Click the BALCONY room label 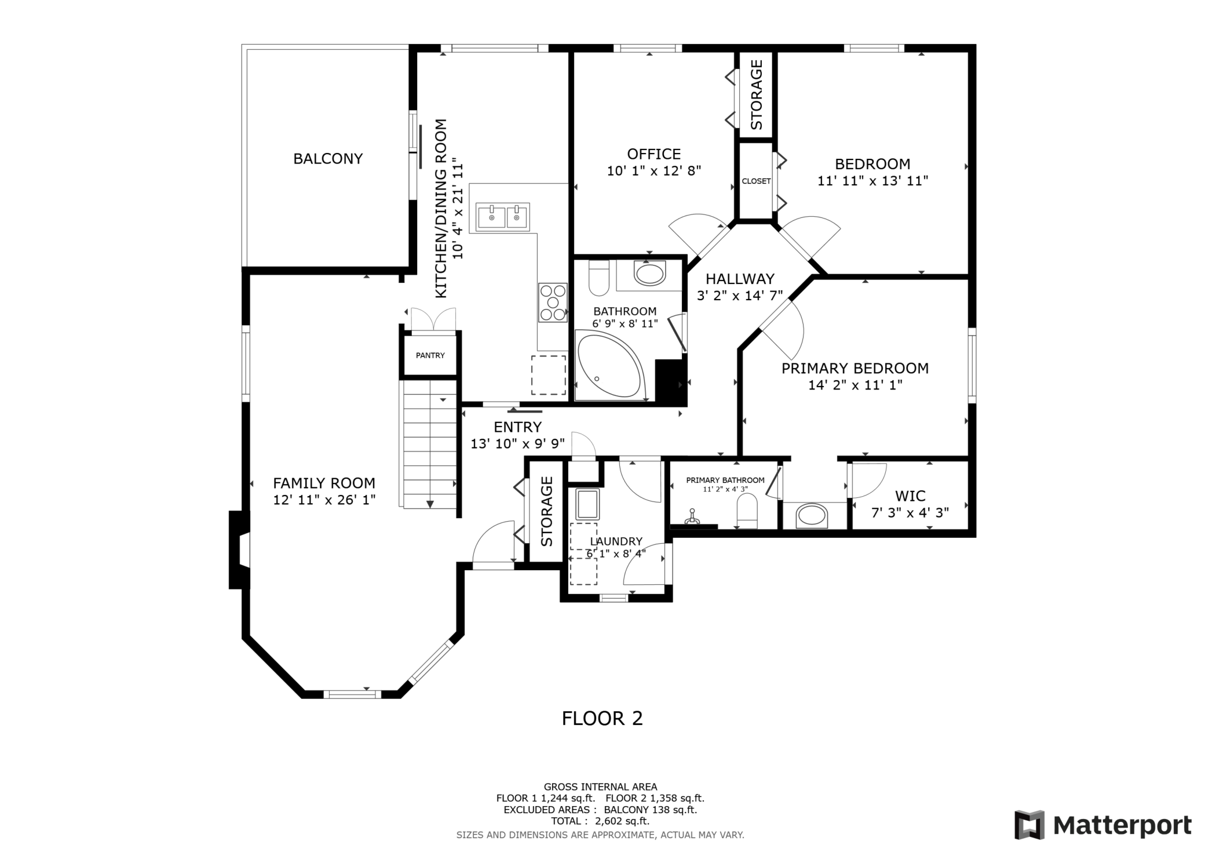(328, 159)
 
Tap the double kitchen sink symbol (503, 217)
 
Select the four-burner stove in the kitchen (553, 302)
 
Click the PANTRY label (430, 355)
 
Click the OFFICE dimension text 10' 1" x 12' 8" (653, 171)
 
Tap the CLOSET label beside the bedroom (756, 181)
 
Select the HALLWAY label (740, 279)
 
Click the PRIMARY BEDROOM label (855, 368)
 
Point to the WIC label (910, 496)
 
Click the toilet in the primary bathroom (747, 511)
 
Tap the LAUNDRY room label (616, 541)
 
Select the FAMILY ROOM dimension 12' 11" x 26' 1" (324, 500)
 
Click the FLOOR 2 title (602, 719)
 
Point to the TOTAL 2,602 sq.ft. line (600, 821)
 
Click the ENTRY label (517, 427)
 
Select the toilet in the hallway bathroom (598, 278)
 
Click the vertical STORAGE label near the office (756, 94)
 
